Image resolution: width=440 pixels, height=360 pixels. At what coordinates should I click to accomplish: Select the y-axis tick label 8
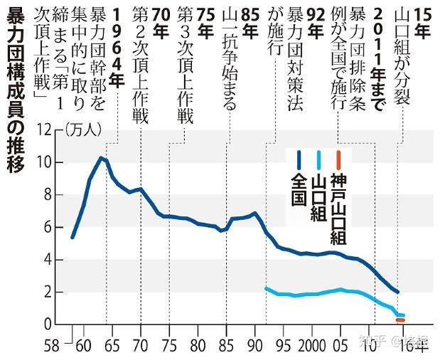[51, 195]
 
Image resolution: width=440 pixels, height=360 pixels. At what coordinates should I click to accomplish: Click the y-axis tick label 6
[51, 227]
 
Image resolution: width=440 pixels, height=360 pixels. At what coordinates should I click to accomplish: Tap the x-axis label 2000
[310, 346]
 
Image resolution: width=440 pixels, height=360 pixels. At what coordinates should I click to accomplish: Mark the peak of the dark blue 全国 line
[101, 157]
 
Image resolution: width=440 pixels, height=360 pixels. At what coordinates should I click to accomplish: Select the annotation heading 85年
[249, 17]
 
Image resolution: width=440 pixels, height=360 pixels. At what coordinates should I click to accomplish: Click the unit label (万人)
[84, 130]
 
